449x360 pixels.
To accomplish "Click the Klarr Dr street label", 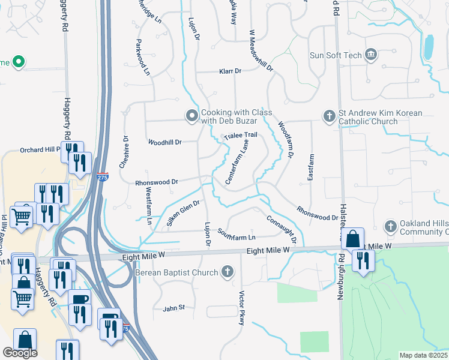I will [x=229, y=71].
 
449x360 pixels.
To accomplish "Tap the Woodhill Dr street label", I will [x=164, y=142].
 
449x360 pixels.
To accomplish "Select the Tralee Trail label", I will [x=240, y=136].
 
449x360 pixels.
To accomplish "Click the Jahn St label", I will [x=173, y=308].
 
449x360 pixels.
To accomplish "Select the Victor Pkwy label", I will [x=242, y=308].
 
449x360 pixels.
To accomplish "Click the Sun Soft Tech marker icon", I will [x=370, y=55].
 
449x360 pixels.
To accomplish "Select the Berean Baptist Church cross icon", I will [x=228, y=272].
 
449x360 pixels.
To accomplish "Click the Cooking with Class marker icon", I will [x=192, y=115].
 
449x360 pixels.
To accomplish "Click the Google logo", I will [x=20, y=353].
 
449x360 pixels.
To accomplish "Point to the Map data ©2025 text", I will [x=423, y=355].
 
